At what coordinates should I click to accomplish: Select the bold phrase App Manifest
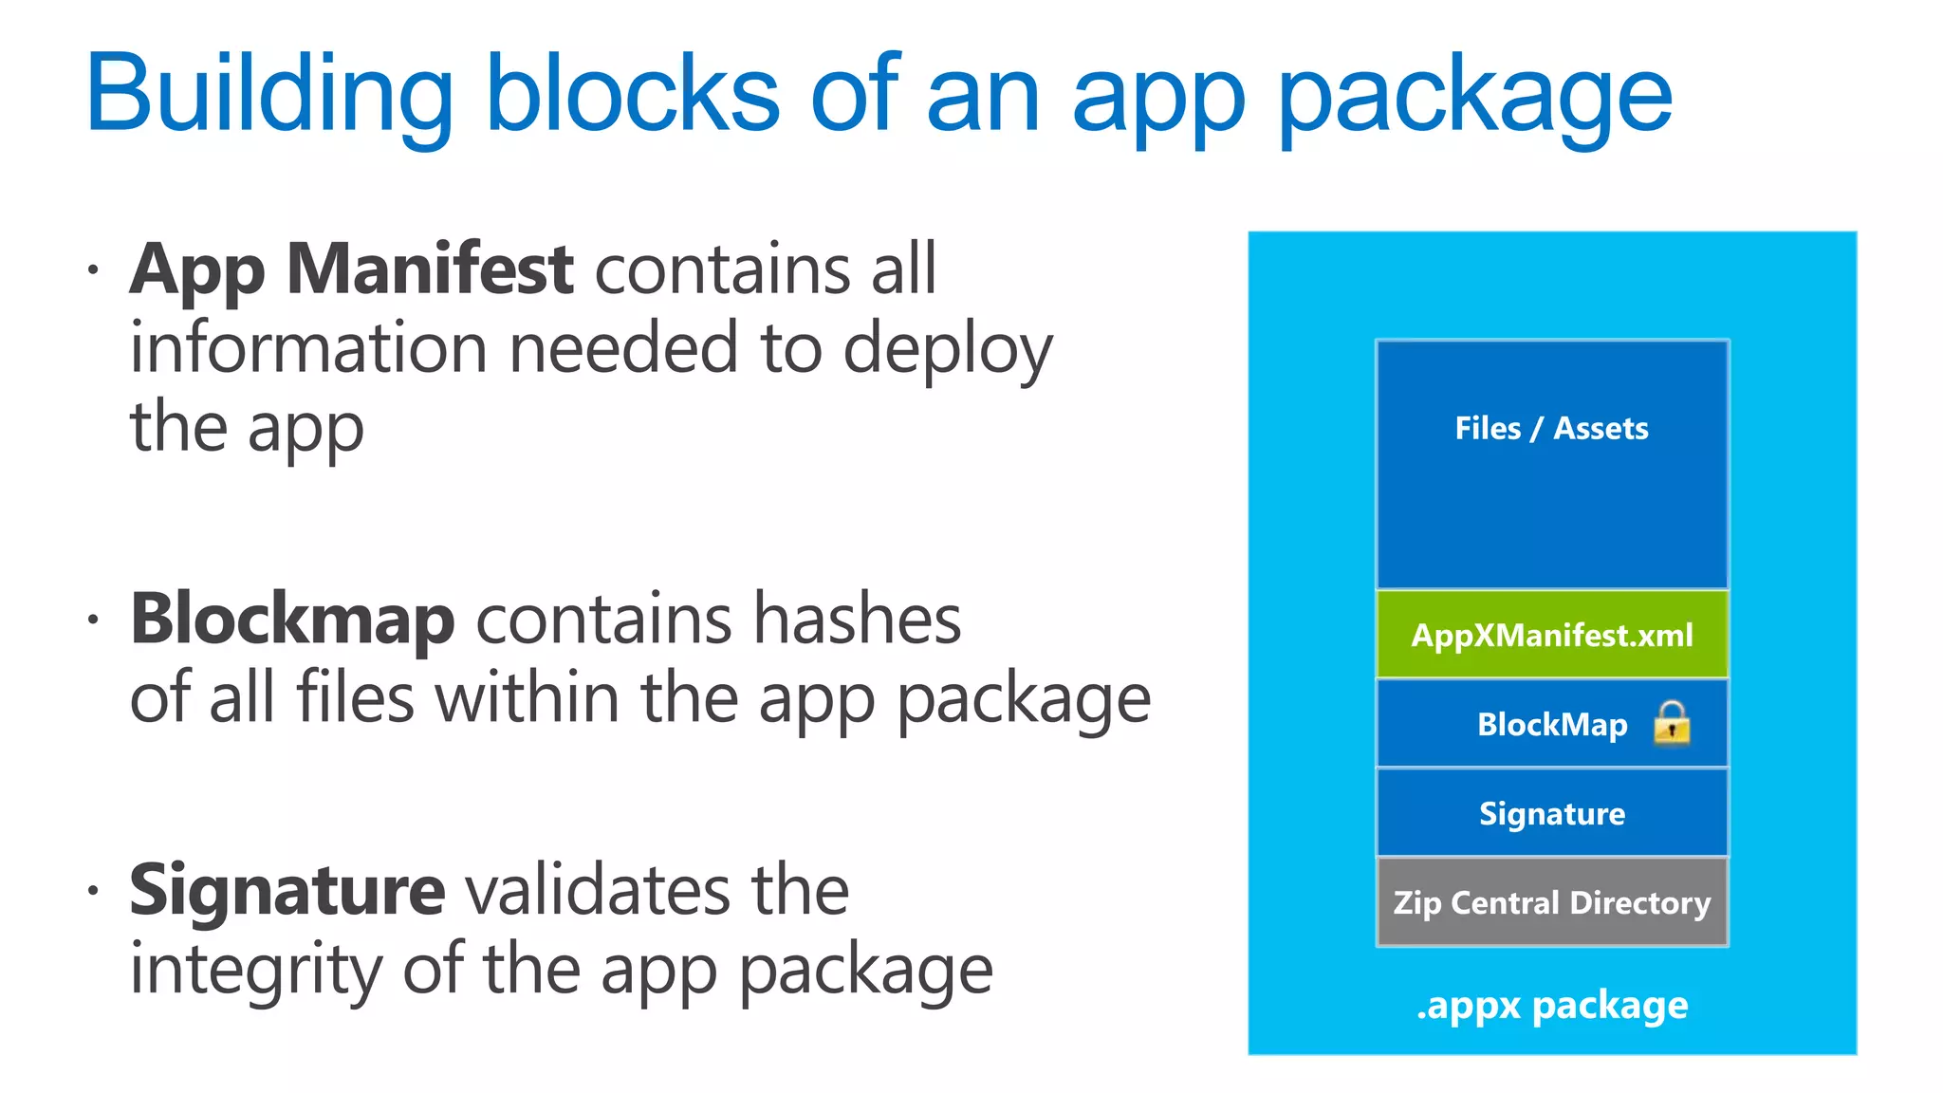(x=351, y=269)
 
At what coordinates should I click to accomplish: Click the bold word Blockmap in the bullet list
(x=292, y=620)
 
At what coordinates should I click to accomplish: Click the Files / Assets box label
(x=1551, y=428)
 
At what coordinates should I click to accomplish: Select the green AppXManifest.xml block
(x=1552, y=635)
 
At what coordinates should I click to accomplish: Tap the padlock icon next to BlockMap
(x=1672, y=723)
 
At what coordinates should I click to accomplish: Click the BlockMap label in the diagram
(x=1552, y=725)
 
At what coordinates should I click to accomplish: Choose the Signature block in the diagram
(x=1552, y=813)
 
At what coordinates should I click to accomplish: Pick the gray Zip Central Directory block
(x=1552, y=902)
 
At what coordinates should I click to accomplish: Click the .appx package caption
(x=1552, y=1006)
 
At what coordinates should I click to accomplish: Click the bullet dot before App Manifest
(x=92, y=270)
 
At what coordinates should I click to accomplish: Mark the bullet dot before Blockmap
(x=92, y=621)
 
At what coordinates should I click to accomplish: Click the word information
(x=309, y=348)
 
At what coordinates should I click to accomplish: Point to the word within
(x=527, y=698)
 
